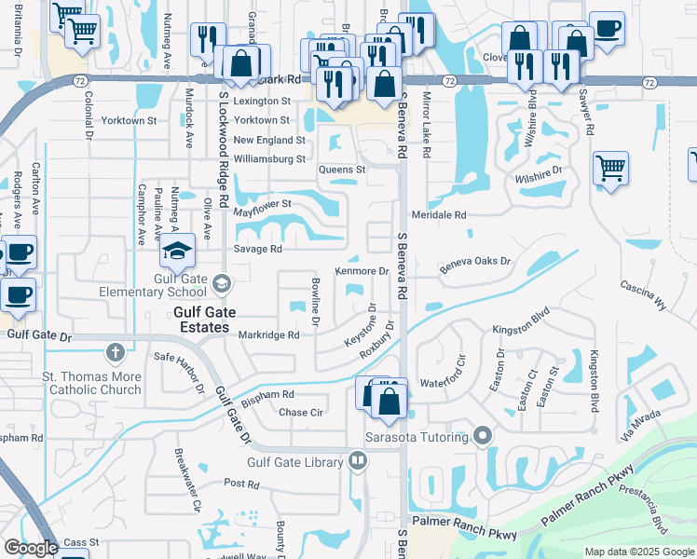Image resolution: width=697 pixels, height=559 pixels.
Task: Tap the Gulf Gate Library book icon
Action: click(x=358, y=460)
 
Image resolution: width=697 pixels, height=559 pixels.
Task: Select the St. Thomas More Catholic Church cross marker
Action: click(x=115, y=352)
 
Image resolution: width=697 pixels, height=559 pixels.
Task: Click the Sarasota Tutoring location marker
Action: click(x=482, y=436)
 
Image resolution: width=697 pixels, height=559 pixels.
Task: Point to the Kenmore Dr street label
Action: click(x=362, y=271)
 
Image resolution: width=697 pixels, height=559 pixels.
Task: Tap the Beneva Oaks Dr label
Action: click(x=476, y=263)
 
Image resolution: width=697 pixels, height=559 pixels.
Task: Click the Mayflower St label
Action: click(x=263, y=203)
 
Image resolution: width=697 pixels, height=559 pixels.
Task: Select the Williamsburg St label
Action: click(x=269, y=159)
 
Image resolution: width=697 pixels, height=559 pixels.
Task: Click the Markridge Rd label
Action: click(x=268, y=335)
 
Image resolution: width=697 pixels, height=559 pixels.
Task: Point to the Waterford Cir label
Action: click(x=442, y=382)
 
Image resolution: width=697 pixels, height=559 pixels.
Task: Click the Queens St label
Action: click(x=342, y=170)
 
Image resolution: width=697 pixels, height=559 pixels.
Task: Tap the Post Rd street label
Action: click(x=240, y=484)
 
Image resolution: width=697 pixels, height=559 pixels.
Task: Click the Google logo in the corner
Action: click(x=30, y=549)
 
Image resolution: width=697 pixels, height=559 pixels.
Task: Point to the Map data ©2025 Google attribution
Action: click(x=638, y=552)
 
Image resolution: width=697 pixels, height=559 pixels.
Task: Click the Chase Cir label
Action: click(x=300, y=413)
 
